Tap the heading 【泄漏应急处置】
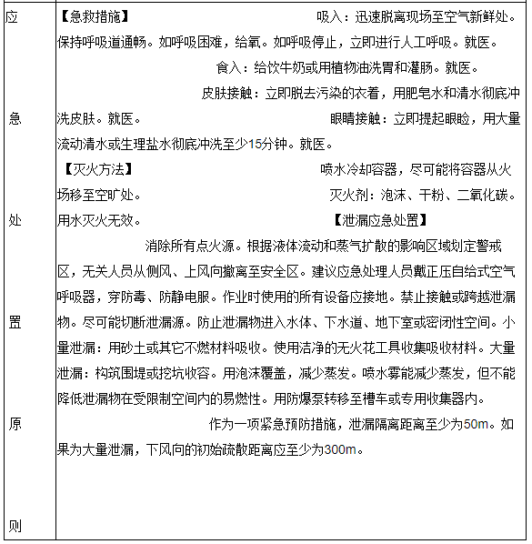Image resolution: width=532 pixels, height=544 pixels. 381,220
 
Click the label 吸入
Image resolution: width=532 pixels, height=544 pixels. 330,16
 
